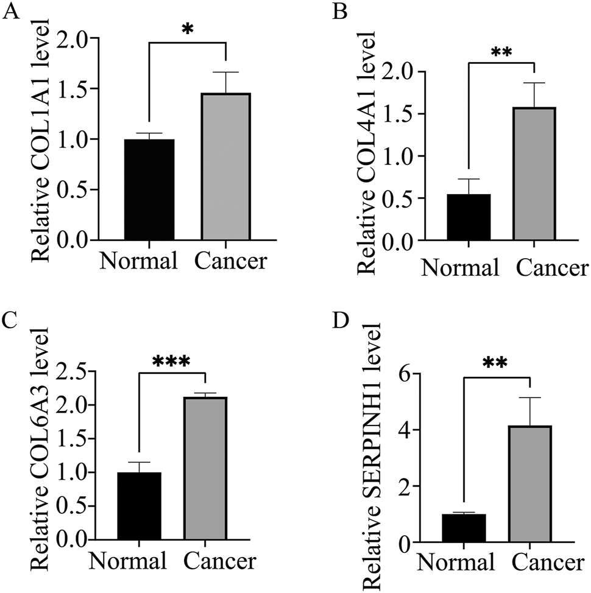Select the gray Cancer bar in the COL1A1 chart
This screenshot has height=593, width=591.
point(225,167)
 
